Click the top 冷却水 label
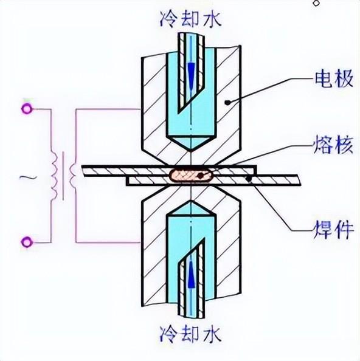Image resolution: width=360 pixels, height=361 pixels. click(190, 19)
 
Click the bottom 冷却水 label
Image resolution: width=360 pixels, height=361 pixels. click(190, 334)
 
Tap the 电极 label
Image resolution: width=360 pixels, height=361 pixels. click(334, 79)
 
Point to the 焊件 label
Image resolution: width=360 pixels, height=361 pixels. click(333, 229)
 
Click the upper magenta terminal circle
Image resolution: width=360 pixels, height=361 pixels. click(27, 109)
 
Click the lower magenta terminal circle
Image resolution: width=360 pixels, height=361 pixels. click(27, 242)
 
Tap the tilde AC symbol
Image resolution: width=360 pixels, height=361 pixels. click(28, 177)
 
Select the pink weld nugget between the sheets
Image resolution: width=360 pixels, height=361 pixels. click(192, 176)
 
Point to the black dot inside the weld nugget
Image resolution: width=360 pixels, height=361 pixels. click(201, 176)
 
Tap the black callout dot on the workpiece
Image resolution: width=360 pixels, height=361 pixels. click(249, 179)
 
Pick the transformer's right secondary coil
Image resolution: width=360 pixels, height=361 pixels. click(72, 176)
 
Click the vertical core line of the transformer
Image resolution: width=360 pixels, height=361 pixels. click(63, 176)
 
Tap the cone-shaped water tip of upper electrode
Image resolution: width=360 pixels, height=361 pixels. click(191, 143)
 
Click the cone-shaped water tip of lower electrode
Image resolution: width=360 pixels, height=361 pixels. click(191, 208)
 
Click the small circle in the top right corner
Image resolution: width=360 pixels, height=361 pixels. click(316, 3)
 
